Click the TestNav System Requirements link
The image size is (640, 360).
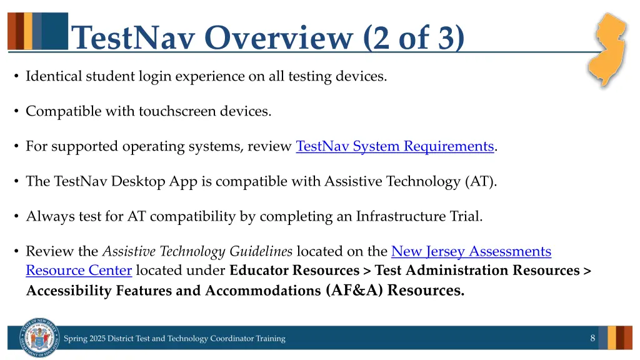(394, 147)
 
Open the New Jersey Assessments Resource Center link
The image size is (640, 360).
(471, 252)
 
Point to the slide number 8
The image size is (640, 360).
(592, 338)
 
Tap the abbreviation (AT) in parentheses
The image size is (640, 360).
(480, 182)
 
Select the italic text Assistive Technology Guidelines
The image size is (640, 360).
(197, 252)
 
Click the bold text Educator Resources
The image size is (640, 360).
(294, 271)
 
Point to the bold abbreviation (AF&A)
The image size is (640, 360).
(354, 291)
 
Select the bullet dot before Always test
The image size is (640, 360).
(15, 217)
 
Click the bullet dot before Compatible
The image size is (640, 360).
(15, 112)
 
